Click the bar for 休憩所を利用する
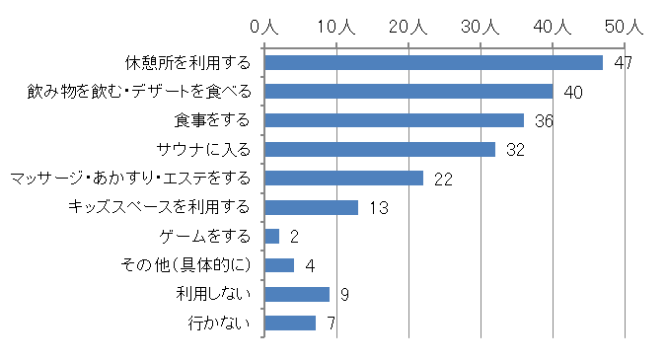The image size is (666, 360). tap(433, 63)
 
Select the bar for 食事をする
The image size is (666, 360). tap(394, 120)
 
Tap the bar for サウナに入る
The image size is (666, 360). tap(380, 150)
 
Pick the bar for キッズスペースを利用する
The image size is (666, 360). tap(311, 207)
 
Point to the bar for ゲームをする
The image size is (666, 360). tap(271, 237)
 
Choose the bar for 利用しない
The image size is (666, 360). tap(297, 294)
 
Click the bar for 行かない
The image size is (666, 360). tap(290, 323)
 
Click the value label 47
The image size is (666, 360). tap(622, 63)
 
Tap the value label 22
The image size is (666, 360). tap(442, 179)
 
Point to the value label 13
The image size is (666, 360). tap(377, 207)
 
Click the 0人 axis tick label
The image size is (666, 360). tap(263, 28)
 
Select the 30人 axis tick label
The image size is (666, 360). tap(481, 28)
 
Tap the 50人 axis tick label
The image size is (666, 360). tap(625, 28)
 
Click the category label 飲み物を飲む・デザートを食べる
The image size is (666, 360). tap(138, 92)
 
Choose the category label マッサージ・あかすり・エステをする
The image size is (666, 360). tap(128, 179)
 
